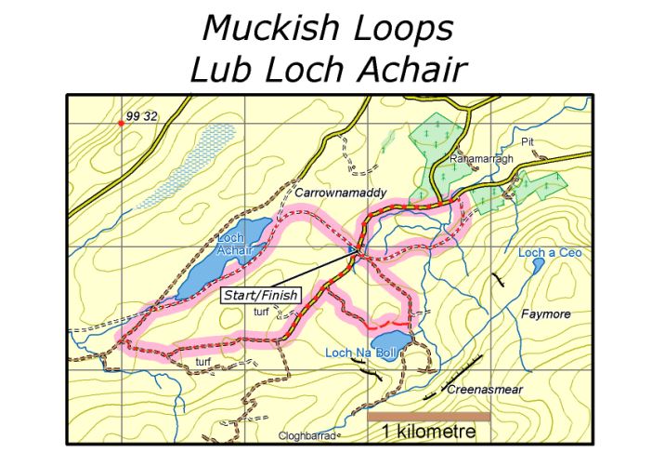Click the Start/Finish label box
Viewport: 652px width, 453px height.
[262, 296]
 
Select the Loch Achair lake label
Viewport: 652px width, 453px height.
[230, 244]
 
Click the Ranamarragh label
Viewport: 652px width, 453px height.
[475, 158]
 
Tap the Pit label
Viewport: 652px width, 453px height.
[528, 141]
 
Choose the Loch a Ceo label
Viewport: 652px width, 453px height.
[549, 253]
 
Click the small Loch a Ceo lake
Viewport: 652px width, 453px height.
[539, 265]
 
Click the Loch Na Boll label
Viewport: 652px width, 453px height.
[361, 352]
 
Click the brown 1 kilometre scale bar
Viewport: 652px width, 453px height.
[428, 417]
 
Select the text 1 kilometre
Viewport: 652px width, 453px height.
[428, 432]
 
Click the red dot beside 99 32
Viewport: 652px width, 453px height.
[121, 122]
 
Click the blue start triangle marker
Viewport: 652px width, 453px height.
[350, 250]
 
